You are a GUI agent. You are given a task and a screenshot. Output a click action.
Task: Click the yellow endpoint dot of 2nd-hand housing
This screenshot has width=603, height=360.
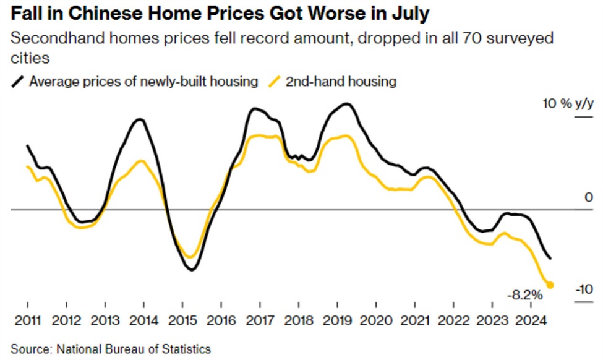tap(550, 285)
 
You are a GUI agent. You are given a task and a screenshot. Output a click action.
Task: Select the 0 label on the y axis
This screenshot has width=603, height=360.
tap(589, 197)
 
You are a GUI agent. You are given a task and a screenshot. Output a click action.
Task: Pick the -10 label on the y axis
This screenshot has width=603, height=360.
tap(584, 289)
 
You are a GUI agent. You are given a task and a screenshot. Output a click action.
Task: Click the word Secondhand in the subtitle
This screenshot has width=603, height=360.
tap(47, 39)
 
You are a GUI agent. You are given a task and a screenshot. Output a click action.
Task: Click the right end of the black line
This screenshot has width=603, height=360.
tap(550, 258)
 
